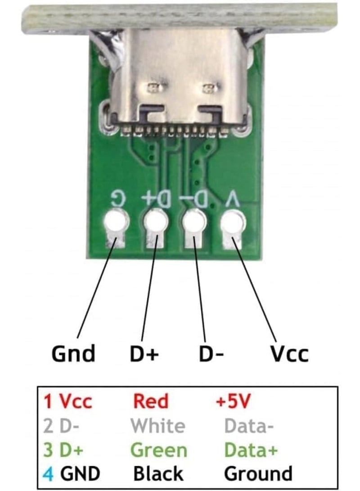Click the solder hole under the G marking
116,221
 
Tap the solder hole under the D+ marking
155,221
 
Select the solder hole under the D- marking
193,221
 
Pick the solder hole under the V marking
232,221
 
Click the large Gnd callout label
74,354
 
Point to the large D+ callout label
144,354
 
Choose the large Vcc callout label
289,354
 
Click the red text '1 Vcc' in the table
67,401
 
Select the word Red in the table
151,401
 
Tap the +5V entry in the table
233,401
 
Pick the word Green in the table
158,450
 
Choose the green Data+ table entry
251,450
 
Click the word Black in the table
158,473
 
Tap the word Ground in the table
258,473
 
